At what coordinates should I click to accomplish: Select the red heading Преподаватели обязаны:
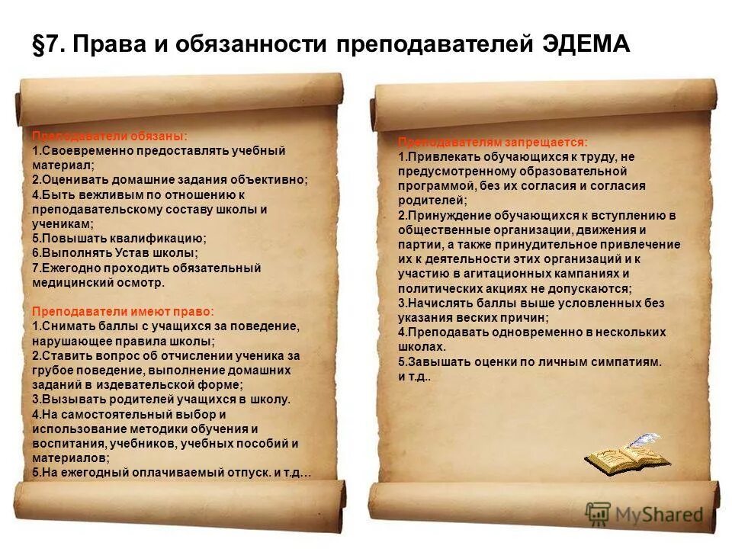click(109, 136)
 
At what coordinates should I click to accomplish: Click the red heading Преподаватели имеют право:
click(123, 311)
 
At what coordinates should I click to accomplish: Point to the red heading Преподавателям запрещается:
click(493, 143)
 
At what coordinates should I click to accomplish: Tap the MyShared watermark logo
click(644, 515)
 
